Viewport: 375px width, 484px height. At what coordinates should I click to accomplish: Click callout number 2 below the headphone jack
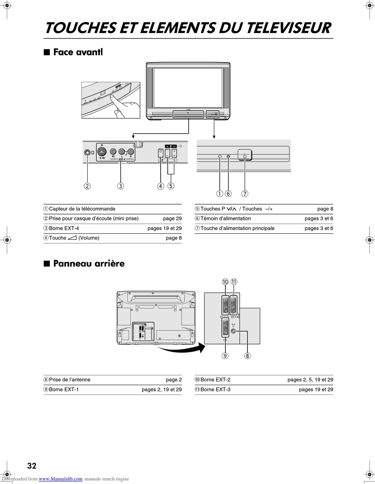point(87,186)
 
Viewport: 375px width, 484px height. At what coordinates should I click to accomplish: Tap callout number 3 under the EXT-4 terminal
point(121,186)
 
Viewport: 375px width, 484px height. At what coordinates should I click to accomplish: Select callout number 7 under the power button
point(245,194)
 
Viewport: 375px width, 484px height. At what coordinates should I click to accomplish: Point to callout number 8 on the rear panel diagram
point(247,356)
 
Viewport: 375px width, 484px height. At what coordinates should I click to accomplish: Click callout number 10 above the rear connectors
point(225,282)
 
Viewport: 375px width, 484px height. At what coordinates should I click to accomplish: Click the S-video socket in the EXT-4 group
point(102,151)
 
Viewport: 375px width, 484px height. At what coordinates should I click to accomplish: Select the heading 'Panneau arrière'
point(89,263)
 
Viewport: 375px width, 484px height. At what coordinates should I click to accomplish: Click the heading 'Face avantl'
point(78,52)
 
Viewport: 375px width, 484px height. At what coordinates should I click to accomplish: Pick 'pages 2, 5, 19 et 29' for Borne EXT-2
point(310,380)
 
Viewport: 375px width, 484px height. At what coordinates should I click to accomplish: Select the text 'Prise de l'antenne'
point(69,380)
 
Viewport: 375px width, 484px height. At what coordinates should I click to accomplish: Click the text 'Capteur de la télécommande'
point(82,209)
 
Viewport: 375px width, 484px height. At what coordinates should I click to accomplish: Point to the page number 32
point(32,466)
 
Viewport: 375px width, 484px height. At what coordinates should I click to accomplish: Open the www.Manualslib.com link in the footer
point(61,479)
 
